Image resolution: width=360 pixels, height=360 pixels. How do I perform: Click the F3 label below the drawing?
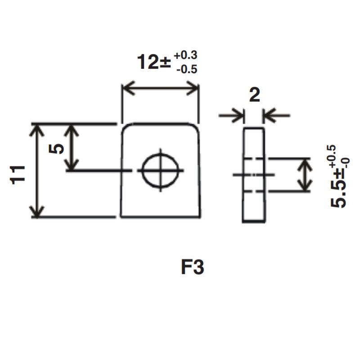[x=193, y=268]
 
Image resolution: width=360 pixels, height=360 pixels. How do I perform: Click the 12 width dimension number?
[x=148, y=62]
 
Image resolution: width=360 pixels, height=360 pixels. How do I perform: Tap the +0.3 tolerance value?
[x=185, y=56]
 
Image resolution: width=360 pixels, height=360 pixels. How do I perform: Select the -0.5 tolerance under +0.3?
[x=187, y=70]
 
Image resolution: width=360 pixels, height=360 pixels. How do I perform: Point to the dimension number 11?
[x=17, y=174]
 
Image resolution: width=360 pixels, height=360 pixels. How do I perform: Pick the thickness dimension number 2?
[x=254, y=96]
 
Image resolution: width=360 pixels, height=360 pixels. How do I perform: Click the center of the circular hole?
[x=160, y=171]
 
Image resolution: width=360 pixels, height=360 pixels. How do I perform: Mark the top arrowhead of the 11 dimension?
[x=37, y=129]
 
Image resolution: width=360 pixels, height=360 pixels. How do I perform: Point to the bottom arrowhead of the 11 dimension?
[x=37, y=212]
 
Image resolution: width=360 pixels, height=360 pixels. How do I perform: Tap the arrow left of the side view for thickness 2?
[x=238, y=116]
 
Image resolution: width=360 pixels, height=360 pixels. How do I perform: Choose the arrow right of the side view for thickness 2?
[x=269, y=116]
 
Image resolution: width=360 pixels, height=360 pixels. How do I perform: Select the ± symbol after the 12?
[x=165, y=63]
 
